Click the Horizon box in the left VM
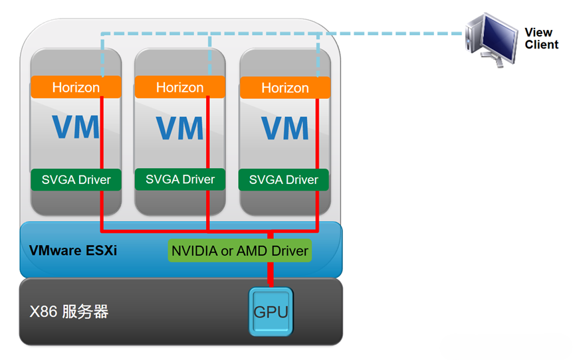coord(76,87)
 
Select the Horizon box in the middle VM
coord(179,87)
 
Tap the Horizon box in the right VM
coord(285,88)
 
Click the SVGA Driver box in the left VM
coord(76,179)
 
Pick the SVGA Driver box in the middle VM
coord(180,179)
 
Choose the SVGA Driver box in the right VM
coord(284,180)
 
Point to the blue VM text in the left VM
coord(75,126)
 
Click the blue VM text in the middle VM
coord(179,127)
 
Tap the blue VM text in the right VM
coord(285,127)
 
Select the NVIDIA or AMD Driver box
coord(239,251)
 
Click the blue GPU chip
coord(271,311)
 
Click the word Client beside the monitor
coord(542,45)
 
